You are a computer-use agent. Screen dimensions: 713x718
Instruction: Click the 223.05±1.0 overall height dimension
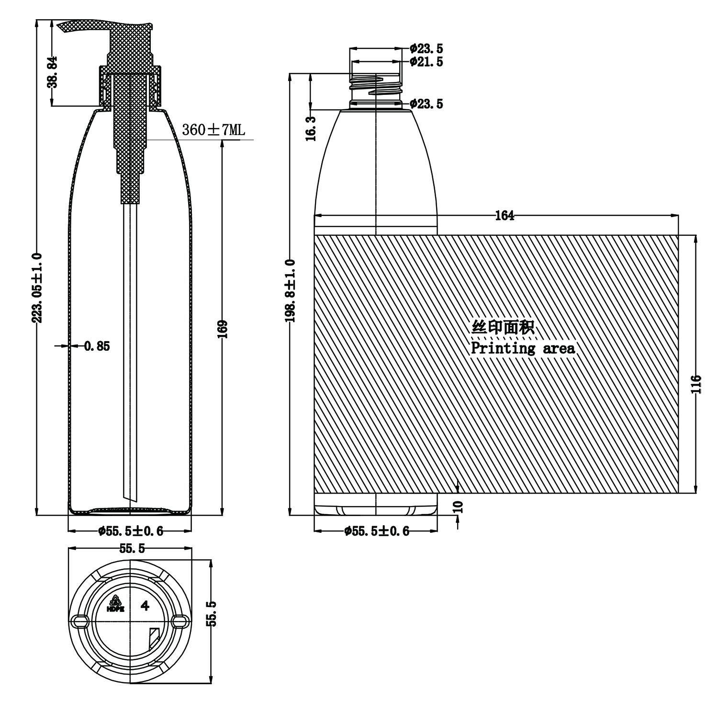tap(38, 287)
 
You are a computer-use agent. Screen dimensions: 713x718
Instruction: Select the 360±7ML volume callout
tap(213, 130)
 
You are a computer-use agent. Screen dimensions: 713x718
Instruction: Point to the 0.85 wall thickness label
tap(97, 346)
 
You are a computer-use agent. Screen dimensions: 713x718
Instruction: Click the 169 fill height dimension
tap(223, 329)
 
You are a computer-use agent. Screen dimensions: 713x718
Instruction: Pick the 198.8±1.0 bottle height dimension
tap(291, 291)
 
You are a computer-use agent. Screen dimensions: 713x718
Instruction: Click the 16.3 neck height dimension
tap(312, 128)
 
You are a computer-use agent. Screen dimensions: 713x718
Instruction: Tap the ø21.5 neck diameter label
tap(426, 62)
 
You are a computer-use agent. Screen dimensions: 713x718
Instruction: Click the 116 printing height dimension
tap(696, 384)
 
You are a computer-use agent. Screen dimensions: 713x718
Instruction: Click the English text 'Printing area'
tap(523, 348)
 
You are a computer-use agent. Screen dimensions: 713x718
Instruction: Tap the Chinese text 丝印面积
tap(503, 328)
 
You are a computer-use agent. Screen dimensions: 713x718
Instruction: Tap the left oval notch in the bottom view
tap(79, 621)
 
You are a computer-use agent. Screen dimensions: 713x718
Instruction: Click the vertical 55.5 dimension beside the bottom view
tap(213, 613)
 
